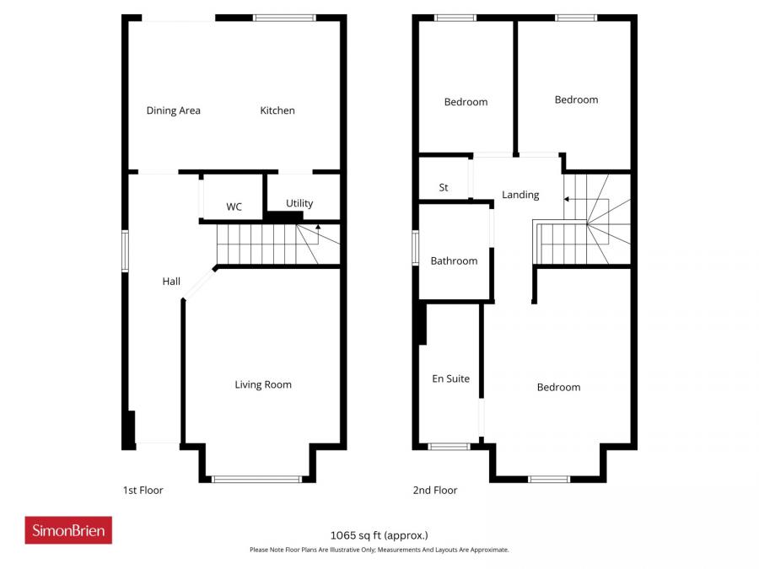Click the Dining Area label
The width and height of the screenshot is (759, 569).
[x=173, y=110]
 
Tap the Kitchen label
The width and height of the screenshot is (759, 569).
[x=277, y=110]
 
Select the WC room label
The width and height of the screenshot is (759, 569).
[x=234, y=207]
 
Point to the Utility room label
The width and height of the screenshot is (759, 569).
[x=299, y=203]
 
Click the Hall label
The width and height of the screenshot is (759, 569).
[x=171, y=282]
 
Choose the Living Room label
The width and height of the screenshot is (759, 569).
[x=263, y=384]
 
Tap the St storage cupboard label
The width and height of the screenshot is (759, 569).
[x=444, y=188]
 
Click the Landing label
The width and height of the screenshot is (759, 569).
[x=520, y=195]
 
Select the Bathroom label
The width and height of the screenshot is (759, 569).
[x=454, y=261]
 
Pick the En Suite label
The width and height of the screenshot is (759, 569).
[x=450, y=378]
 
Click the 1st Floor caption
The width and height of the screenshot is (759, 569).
[x=143, y=490]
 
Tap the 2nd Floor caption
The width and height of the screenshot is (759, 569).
[x=434, y=490]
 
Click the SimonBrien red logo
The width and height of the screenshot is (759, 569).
[x=68, y=530]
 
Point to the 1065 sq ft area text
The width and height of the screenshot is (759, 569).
[x=379, y=534]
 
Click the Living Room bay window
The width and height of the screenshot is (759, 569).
[x=256, y=479]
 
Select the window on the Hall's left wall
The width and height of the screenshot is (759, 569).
[x=125, y=250]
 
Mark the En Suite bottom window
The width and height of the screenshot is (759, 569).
[x=449, y=446]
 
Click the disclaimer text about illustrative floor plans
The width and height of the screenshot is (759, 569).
[x=379, y=550]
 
